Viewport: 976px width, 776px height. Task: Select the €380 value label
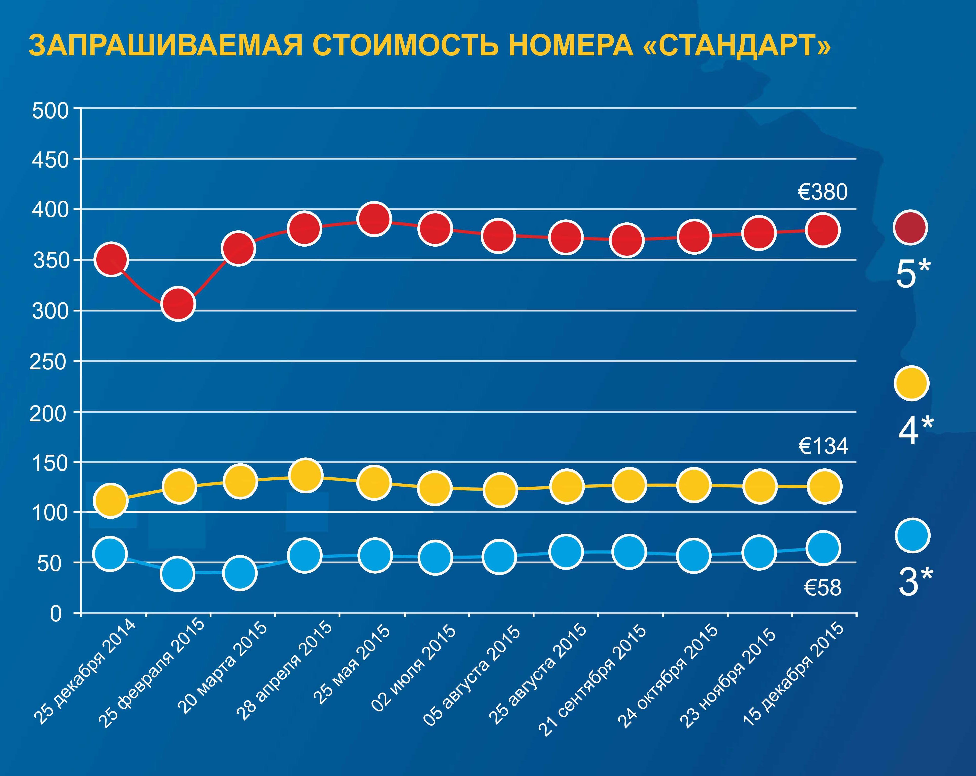(x=822, y=192)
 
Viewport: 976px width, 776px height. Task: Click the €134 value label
(x=823, y=447)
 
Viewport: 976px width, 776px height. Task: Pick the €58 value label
(x=823, y=588)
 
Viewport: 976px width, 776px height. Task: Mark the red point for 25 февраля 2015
(x=178, y=303)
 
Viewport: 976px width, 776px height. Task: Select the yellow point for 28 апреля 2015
(x=305, y=475)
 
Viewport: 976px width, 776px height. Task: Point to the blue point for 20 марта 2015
(x=240, y=573)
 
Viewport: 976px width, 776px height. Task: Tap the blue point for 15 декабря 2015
(x=823, y=548)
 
